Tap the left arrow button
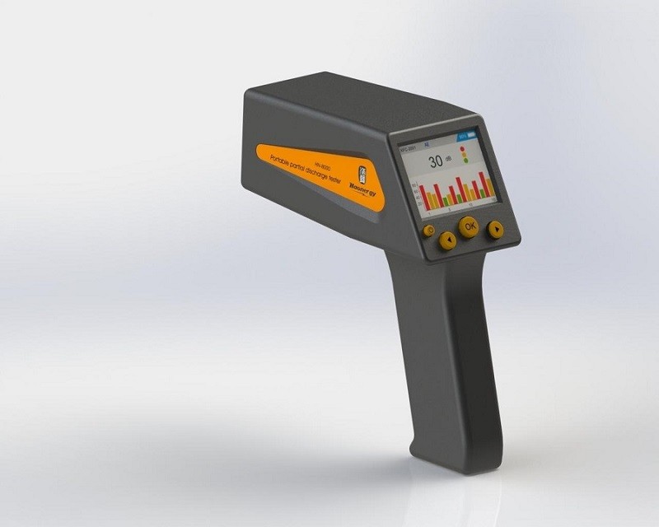pos(447,240)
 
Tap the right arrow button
pos(494,229)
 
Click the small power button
pos(429,231)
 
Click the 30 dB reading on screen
pos(434,161)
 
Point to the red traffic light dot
pos(463,149)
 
